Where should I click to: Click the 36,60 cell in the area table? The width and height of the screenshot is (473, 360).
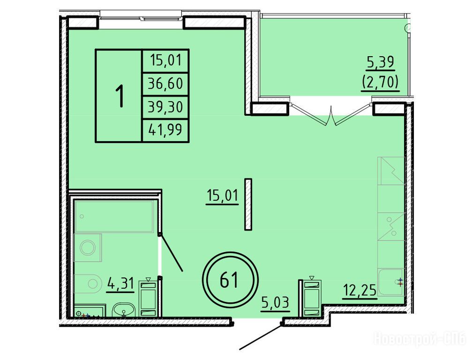click(x=165, y=83)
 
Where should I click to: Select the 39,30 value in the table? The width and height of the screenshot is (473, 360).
click(x=165, y=107)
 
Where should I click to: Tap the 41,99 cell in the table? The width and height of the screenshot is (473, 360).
click(x=165, y=130)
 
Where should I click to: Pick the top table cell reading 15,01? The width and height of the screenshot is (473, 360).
click(x=165, y=60)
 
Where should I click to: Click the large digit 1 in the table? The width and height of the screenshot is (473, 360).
click(x=120, y=96)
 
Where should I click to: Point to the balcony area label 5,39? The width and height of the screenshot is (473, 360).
click(x=380, y=62)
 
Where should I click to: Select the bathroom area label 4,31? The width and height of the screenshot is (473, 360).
click(x=120, y=284)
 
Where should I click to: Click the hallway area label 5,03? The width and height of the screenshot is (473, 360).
click(x=276, y=303)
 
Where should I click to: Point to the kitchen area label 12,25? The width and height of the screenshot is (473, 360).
click(x=360, y=290)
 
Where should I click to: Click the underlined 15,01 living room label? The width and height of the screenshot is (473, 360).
click(x=222, y=196)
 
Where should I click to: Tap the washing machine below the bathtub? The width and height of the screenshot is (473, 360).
click(x=88, y=248)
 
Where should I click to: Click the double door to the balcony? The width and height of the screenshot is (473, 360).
click(x=331, y=114)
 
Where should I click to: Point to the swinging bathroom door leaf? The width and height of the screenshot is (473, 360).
click(x=171, y=253)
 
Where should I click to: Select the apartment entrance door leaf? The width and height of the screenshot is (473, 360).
click(x=261, y=337)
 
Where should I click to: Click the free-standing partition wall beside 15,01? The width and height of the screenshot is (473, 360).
click(x=248, y=204)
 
